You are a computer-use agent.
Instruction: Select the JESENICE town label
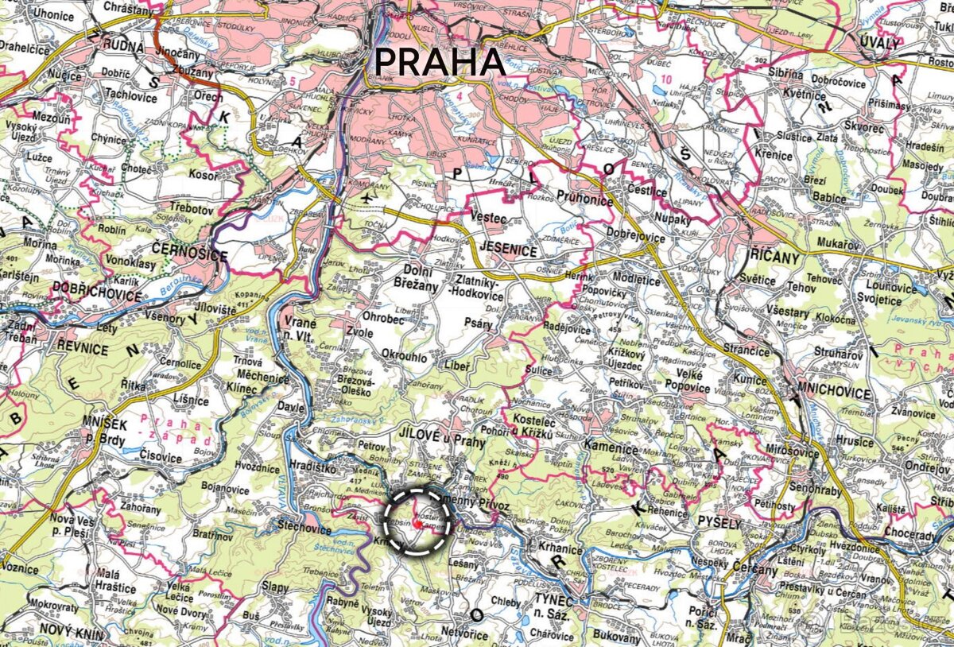pyautogui.click(x=509, y=251)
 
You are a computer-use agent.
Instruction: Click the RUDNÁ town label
pyautogui.click(x=122, y=47)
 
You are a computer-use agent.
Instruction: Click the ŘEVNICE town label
pyautogui.click(x=82, y=348)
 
